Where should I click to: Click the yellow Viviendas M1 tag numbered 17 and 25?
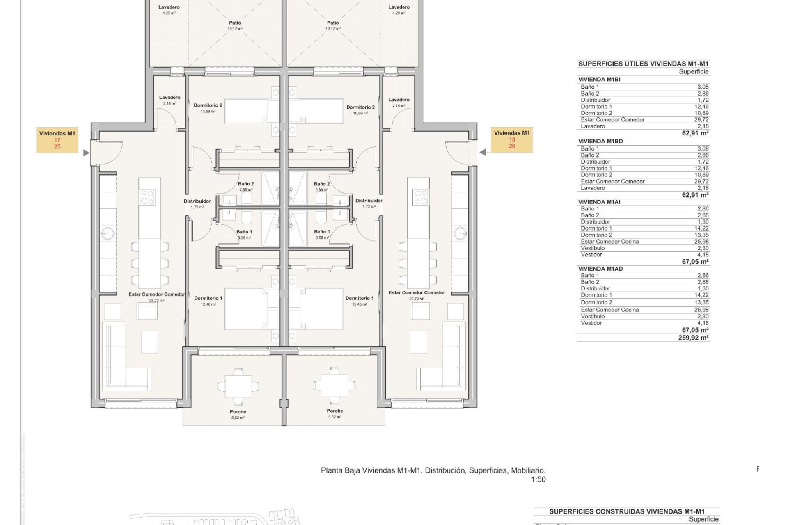coord(57,139)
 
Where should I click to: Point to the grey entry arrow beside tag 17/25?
coord(86,153)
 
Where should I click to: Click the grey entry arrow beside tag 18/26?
coord(483,153)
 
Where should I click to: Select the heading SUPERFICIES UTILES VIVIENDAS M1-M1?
coord(643,64)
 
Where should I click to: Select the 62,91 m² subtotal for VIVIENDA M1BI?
coord(695,133)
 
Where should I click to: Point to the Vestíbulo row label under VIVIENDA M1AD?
coord(593,316)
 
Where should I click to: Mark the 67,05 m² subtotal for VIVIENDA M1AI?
coord(695,261)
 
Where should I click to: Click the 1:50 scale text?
coord(538,479)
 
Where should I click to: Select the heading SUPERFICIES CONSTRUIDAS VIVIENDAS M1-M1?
coord(627,511)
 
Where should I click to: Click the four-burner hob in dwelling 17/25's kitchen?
coord(148,197)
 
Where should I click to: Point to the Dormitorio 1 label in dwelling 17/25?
coord(208,298)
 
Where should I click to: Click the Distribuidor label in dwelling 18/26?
coord(369,201)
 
